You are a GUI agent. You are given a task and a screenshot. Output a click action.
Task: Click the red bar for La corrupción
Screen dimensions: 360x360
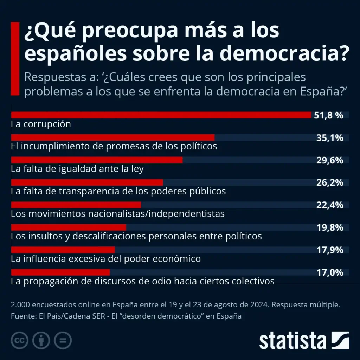tap(161, 115)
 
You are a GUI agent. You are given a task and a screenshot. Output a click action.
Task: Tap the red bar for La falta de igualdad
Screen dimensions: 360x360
tap(97, 160)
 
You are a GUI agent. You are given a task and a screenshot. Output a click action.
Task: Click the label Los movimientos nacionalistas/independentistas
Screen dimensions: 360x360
tap(118, 213)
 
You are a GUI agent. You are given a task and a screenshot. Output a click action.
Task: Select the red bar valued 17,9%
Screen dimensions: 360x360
tap(63, 250)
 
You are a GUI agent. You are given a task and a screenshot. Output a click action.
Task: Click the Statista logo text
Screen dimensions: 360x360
tap(293, 340)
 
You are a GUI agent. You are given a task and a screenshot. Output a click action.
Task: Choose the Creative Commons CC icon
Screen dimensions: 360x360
tap(20, 340)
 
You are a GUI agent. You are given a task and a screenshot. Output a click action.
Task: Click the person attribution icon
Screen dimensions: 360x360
tap(41, 340)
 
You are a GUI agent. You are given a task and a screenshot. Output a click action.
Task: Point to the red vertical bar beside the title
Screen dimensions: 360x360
tap(15, 58)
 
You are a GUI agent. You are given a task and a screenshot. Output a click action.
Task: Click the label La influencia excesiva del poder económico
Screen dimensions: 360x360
tap(106, 259)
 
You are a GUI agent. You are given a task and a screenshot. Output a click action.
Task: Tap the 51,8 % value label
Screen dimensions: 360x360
tap(328, 115)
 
